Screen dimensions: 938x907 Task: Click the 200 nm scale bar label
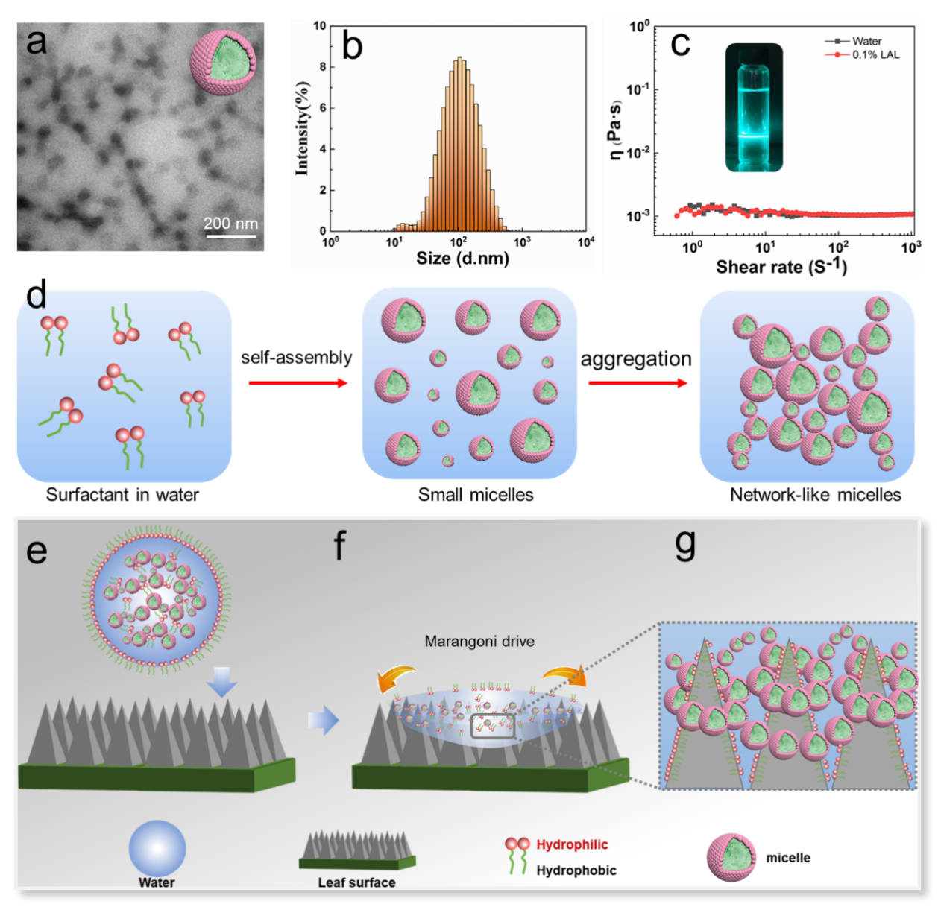[x=230, y=224]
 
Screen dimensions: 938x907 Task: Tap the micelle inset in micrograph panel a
[x=223, y=63]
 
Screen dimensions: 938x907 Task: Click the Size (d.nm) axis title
[x=462, y=259]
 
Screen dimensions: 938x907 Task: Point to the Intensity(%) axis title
[x=302, y=129]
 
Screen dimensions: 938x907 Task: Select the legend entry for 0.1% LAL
[x=862, y=55]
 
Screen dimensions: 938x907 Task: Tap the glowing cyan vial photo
[x=754, y=107]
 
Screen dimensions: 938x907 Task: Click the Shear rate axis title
[x=781, y=266]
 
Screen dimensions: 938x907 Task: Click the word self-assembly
[x=297, y=358]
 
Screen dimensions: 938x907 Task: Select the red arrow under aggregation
[x=638, y=383]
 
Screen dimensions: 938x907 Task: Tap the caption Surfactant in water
[x=122, y=495]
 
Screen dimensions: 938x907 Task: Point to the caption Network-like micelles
[x=816, y=495]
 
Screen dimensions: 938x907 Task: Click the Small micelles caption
[x=476, y=495]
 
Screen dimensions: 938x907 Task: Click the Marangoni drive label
[x=479, y=641]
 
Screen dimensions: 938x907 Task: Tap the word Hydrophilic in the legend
[x=572, y=844]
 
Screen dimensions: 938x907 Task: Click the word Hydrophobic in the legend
[x=576, y=870]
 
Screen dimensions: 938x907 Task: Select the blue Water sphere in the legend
[x=157, y=849]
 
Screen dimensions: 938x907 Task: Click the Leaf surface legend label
[x=356, y=882]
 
